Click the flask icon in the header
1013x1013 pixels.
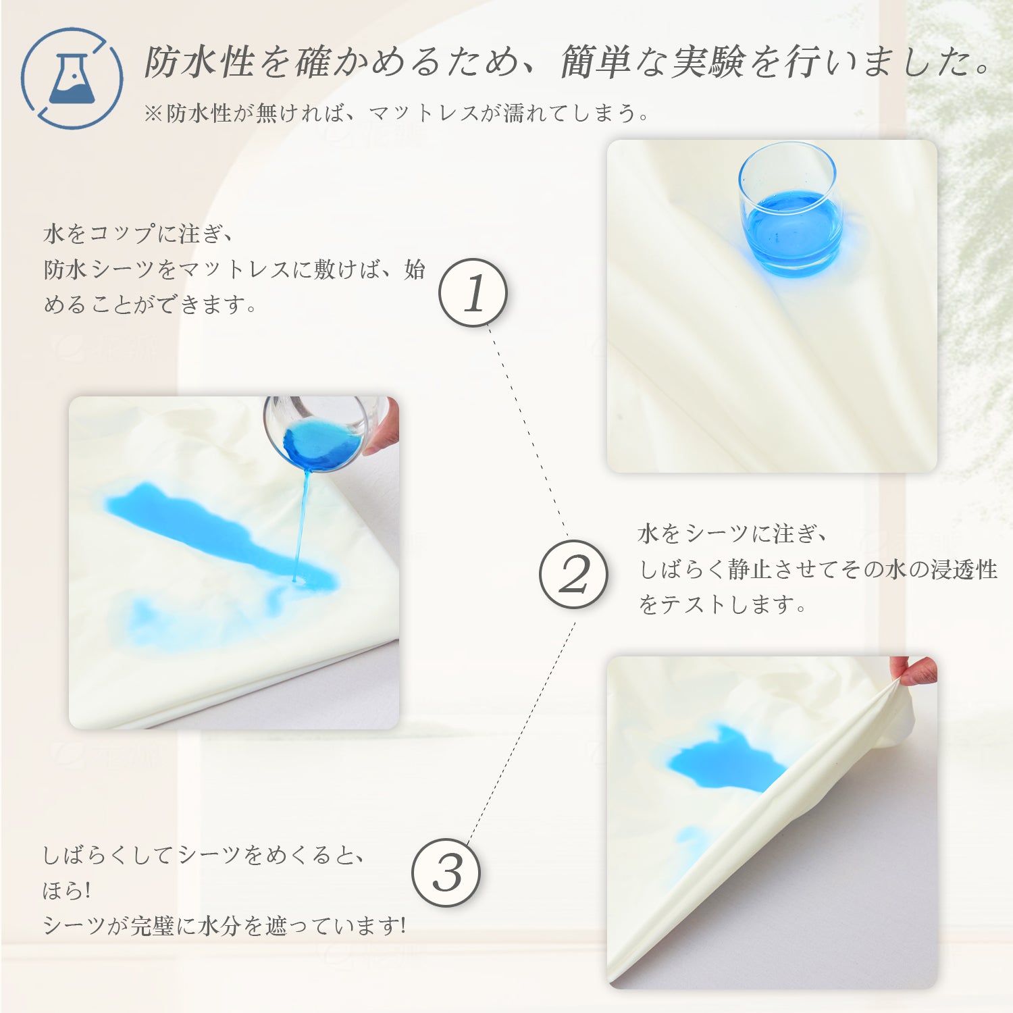click(x=71, y=78)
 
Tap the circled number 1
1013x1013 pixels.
click(x=473, y=293)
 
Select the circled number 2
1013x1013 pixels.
click(x=573, y=574)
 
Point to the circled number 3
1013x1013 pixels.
click(x=446, y=873)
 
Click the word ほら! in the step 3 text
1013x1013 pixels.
click(x=67, y=890)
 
